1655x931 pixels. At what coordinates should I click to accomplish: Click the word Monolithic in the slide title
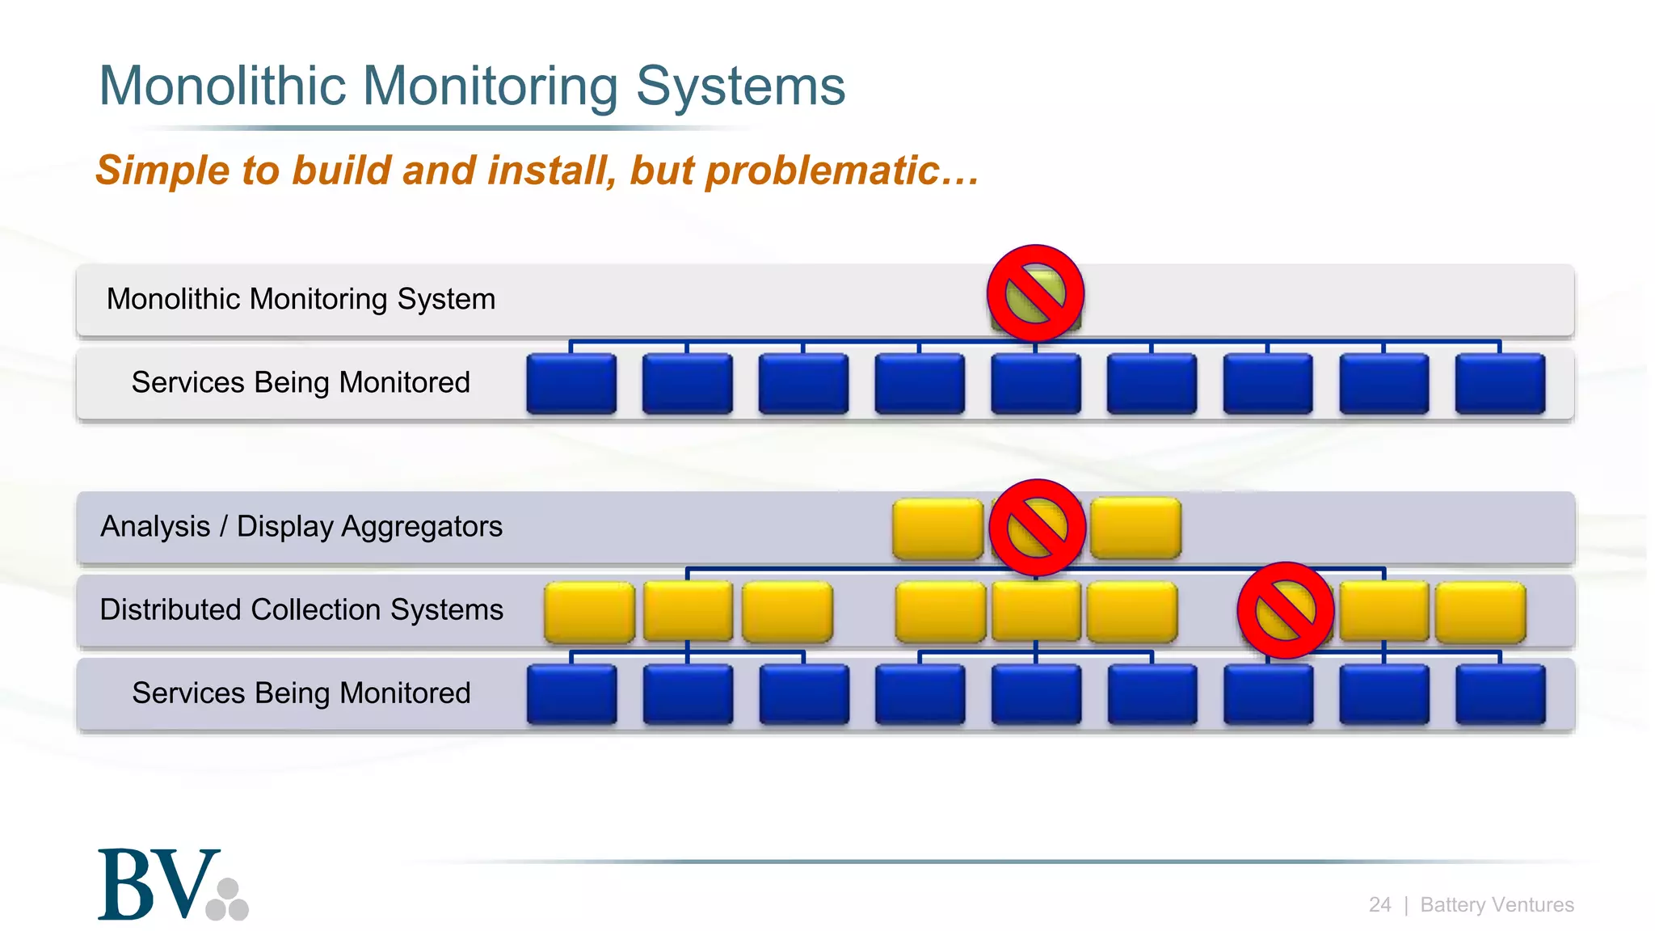coord(223,86)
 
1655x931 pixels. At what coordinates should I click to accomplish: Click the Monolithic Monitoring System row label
coord(301,299)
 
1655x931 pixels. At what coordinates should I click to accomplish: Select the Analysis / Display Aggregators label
coord(301,526)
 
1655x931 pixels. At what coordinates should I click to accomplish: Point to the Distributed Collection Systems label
coord(301,609)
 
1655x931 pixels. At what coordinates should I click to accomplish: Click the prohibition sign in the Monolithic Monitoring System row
coord(1035,293)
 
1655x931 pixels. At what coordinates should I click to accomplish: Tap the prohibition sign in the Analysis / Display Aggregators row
coord(1037,528)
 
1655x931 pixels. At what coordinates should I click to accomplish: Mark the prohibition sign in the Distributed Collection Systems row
coord(1285,610)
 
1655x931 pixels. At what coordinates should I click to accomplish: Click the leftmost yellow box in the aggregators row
coord(937,529)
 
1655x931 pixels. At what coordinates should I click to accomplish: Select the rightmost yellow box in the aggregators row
coord(1135,529)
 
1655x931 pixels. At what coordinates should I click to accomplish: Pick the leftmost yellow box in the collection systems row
coord(589,612)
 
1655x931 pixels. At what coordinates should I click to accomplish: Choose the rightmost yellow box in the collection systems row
coord(1480,612)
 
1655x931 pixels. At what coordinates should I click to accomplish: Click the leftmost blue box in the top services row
coord(571,384)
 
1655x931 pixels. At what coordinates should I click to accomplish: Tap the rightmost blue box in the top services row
coord(1500,384)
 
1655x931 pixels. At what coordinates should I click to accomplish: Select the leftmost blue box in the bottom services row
coord(571,694)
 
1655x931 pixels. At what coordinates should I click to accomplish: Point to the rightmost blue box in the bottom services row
coord(1500,694)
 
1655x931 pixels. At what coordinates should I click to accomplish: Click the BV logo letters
coord(158,884)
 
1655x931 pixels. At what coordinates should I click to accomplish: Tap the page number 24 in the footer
coord(1379,904)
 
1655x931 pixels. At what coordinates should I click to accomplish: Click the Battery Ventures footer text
coord(1497,904)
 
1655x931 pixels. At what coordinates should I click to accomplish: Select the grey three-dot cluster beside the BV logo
coord(228,900)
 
